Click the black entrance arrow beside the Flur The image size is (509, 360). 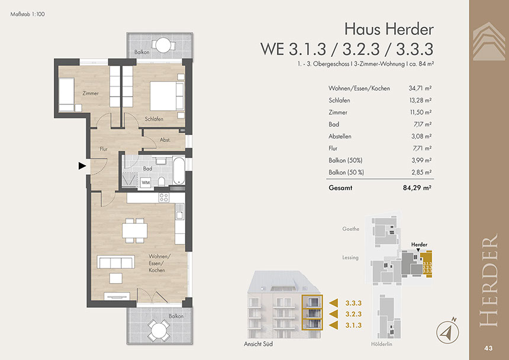pos(82,166)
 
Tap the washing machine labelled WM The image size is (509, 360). pos(146,182)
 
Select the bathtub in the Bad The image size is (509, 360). pos(179,171)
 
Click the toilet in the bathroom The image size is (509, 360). pos(162,181)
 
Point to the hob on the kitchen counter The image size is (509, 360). pos(164,197)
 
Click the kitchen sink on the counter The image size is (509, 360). pos(179,211)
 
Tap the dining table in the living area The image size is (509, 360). pos(135,231)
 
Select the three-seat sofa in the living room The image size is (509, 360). pos(115,262)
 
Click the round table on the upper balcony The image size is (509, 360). pos(163,45)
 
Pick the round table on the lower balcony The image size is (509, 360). pos(159,330)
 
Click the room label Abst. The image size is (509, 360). pos(165,140)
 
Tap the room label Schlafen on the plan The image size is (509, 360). pos(154,119)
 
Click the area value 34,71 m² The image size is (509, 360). pos(420,88)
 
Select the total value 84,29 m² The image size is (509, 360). pos(417,188)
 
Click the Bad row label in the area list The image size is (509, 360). pos(334,124)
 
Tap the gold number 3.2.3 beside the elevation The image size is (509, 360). pos(353,314)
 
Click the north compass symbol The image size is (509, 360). pos(447,331)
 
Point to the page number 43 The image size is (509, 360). pos(488,348)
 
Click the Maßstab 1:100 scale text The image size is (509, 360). pos(28,14)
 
